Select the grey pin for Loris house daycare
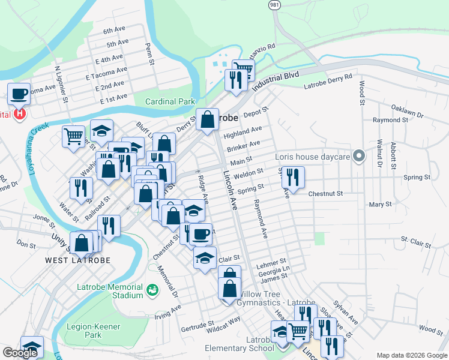coord(359,157)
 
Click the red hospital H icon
coord(20,113)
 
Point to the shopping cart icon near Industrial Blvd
coord(243,69)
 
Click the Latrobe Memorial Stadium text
coord(110,291)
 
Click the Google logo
coord(20,353)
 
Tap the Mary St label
coord(381,205)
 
